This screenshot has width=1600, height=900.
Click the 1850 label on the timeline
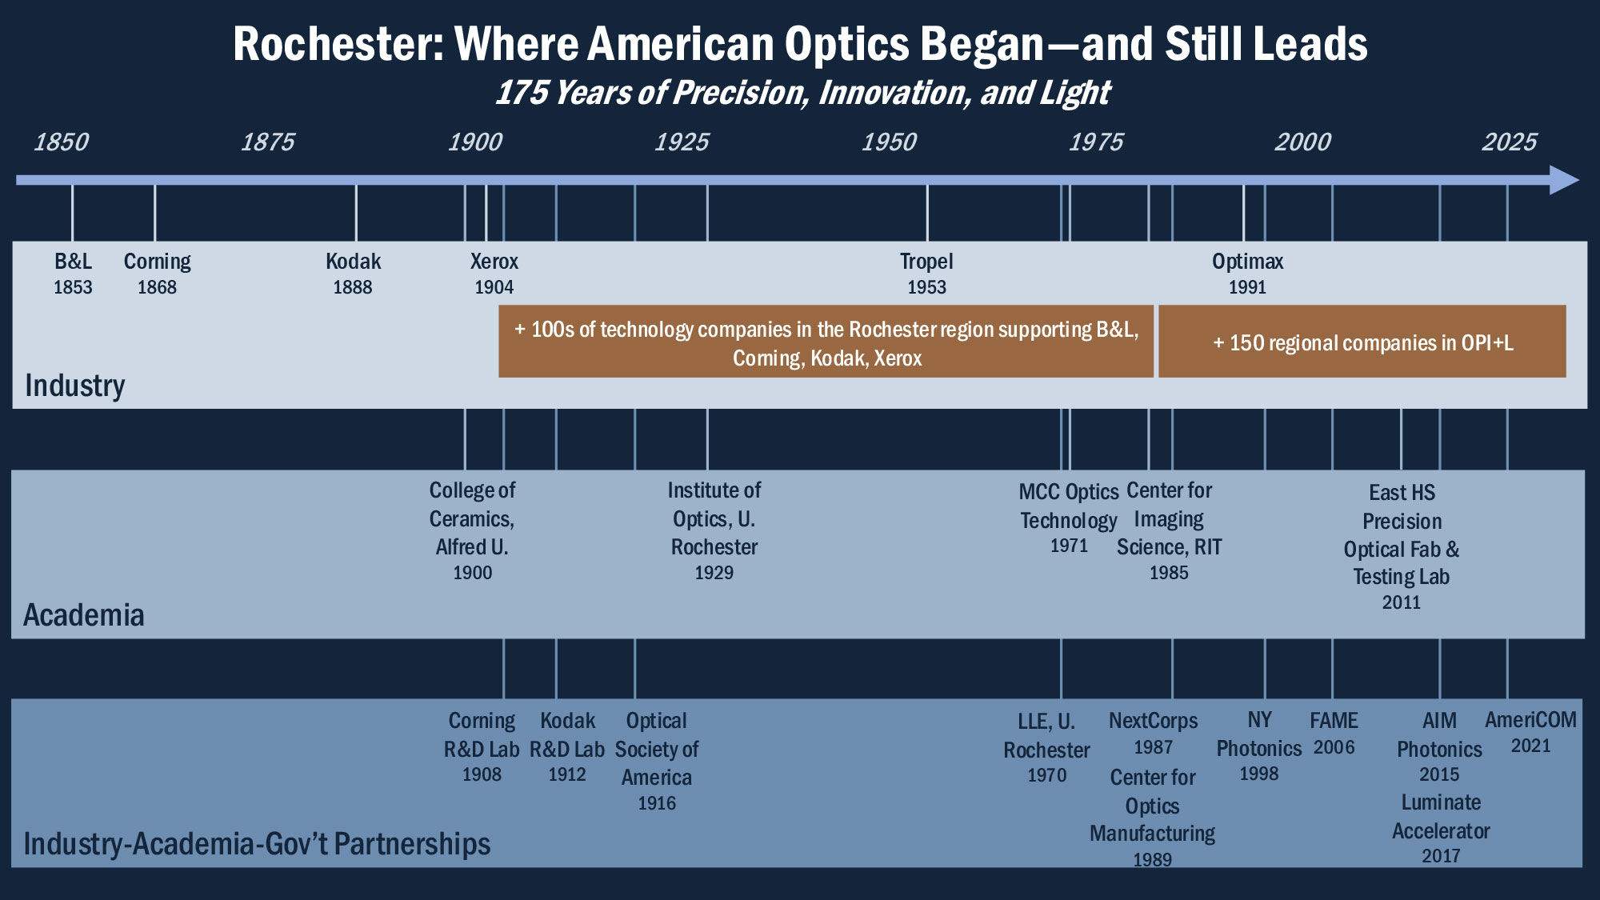pyautogui.click(x=62, y=142)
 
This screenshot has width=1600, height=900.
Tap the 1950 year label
pyautogui.click(x=889, y=142)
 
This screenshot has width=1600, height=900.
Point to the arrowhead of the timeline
pyautogui.click(x=1564, y=180)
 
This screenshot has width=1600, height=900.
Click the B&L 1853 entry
pyautogui.click(x=73, y=274)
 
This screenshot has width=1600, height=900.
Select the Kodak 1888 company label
pyautogui.click(x=353, y=274)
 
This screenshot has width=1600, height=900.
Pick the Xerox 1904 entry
pyautogui.click(x=494, y=274)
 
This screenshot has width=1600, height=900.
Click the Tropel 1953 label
pyautogui.click(x=926, y=274)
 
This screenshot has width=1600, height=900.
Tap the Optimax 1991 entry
pyautogui.click(x=1247, y=274)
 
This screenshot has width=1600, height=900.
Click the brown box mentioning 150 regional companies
pyautogui.click(x=1362, y=342)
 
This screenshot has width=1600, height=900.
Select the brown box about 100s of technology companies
pyautogui.click(x=826, y=342)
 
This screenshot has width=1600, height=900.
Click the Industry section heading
pyautogui.click(x=75, y=386)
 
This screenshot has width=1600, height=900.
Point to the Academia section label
pyautogui.click(x=84, y=615)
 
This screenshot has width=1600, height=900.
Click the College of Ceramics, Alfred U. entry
pyautogui.click(x=472, y=530)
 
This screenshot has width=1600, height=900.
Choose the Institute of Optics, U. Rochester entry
pyautogui.click(x=714, y=530)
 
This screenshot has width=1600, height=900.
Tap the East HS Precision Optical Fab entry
pyautogui.click(x=1402, y=547)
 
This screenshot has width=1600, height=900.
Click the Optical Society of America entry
pyautogui.click(x=656, y=761)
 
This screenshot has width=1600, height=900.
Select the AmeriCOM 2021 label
pyautogui.click(x=1530, y=732)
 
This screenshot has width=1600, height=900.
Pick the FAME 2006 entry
pyautogui.click(x=1334, y=734)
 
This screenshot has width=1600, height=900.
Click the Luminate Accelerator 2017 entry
pyautogui.click(x=1441, y=829)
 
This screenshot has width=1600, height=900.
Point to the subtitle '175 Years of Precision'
pyautogui.click(x=802, y=93)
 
